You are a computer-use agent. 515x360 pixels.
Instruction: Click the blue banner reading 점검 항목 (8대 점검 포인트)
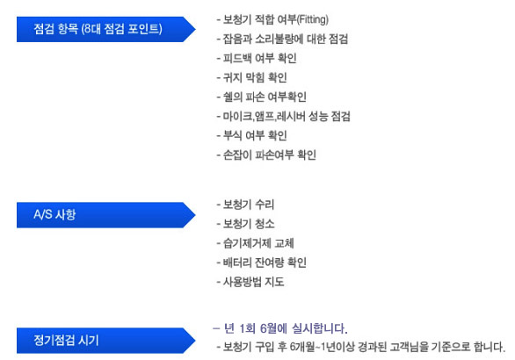[105, 29]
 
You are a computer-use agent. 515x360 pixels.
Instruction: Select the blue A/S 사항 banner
[105, 215]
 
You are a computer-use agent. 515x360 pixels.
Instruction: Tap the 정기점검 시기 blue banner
[105, 341]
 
